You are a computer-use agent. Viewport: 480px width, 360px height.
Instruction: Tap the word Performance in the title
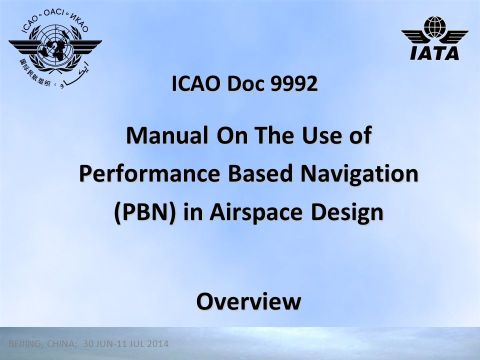[x=149, y=173]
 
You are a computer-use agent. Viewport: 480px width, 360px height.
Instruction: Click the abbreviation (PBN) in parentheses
[x=145, y=212]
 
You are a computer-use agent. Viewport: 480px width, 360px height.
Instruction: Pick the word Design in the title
[x=347, y=212]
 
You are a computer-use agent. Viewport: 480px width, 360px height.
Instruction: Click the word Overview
[x=249, y=301]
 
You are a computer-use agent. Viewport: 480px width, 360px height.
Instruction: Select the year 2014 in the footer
[x=158, y=344]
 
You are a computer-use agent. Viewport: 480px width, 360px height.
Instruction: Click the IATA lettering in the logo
[x=434, y=53]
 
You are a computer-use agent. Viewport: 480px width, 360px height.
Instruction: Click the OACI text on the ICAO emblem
[x=54, y=13]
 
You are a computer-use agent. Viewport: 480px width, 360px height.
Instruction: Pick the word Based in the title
[x=260, y=173]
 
